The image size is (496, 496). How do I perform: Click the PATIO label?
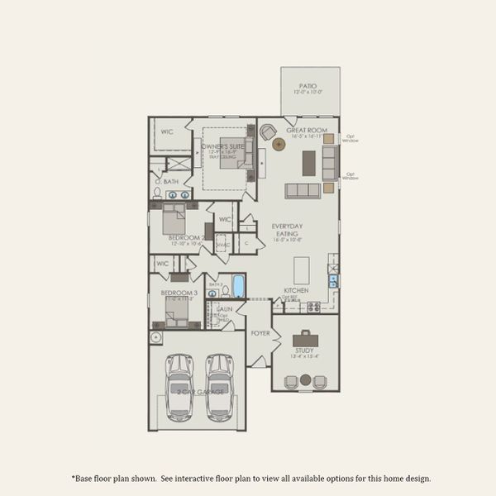(x=309, y=85)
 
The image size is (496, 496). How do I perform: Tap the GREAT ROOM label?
(x=307, y=131)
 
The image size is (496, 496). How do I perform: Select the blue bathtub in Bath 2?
(x=238, y=286)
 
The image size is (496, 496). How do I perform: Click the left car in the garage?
(x=179, y=385)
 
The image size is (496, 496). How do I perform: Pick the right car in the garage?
(x=219, y=385)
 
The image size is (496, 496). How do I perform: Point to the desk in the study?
(x=305, y=337)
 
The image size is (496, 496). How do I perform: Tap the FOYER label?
(x=260, y=334)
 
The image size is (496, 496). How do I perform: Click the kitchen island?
(x=303, y=269)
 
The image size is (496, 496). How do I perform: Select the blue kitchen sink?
(x=333, y=280)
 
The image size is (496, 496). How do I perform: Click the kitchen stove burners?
(x=314, y=307)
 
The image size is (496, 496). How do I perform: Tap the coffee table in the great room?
(x=308, y=162)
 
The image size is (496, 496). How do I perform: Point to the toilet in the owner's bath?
(x=157, y=193)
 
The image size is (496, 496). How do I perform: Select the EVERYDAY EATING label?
(x=287, y=231)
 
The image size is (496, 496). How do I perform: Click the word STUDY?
(x=304, y=351)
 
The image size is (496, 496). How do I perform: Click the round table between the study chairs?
(x=305, y=380)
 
